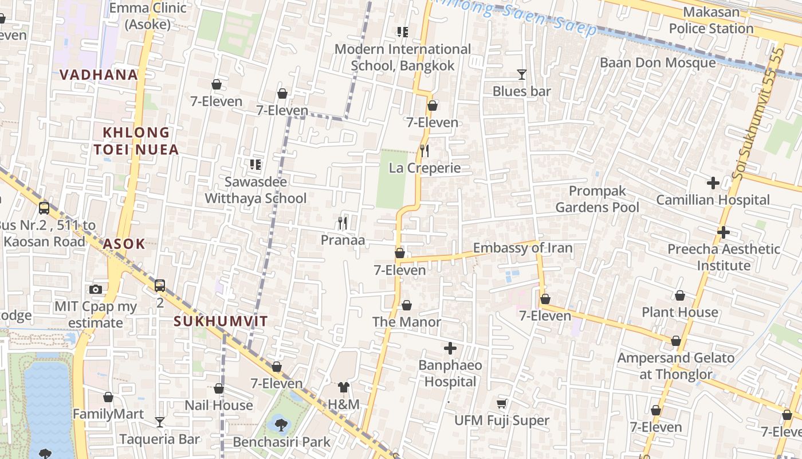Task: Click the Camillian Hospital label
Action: pos(713,200)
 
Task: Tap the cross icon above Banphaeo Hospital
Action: pos(450,348)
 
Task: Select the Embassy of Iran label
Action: pos(522,248)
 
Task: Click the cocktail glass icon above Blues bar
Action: pos(521,75)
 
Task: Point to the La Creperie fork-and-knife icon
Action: pos(424,151)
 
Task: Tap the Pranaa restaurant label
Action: pos(343,240)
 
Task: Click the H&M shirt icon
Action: pos(344,388)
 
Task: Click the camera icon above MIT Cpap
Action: pos(96,290)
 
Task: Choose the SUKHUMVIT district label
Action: pos(221,321)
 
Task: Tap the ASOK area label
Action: pos(124,244)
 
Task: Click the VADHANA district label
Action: pos(99,75)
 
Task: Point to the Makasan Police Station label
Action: pos(711,20)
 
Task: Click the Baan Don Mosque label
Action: pos(657,63)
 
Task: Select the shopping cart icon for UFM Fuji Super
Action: pos(502,404)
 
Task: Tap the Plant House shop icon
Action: pos(679,296)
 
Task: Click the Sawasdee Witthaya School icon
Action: pos(255,165)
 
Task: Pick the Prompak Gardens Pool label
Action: pos(597,199)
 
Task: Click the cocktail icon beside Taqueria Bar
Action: pos(160,422)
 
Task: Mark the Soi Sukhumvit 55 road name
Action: pos(756,115)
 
